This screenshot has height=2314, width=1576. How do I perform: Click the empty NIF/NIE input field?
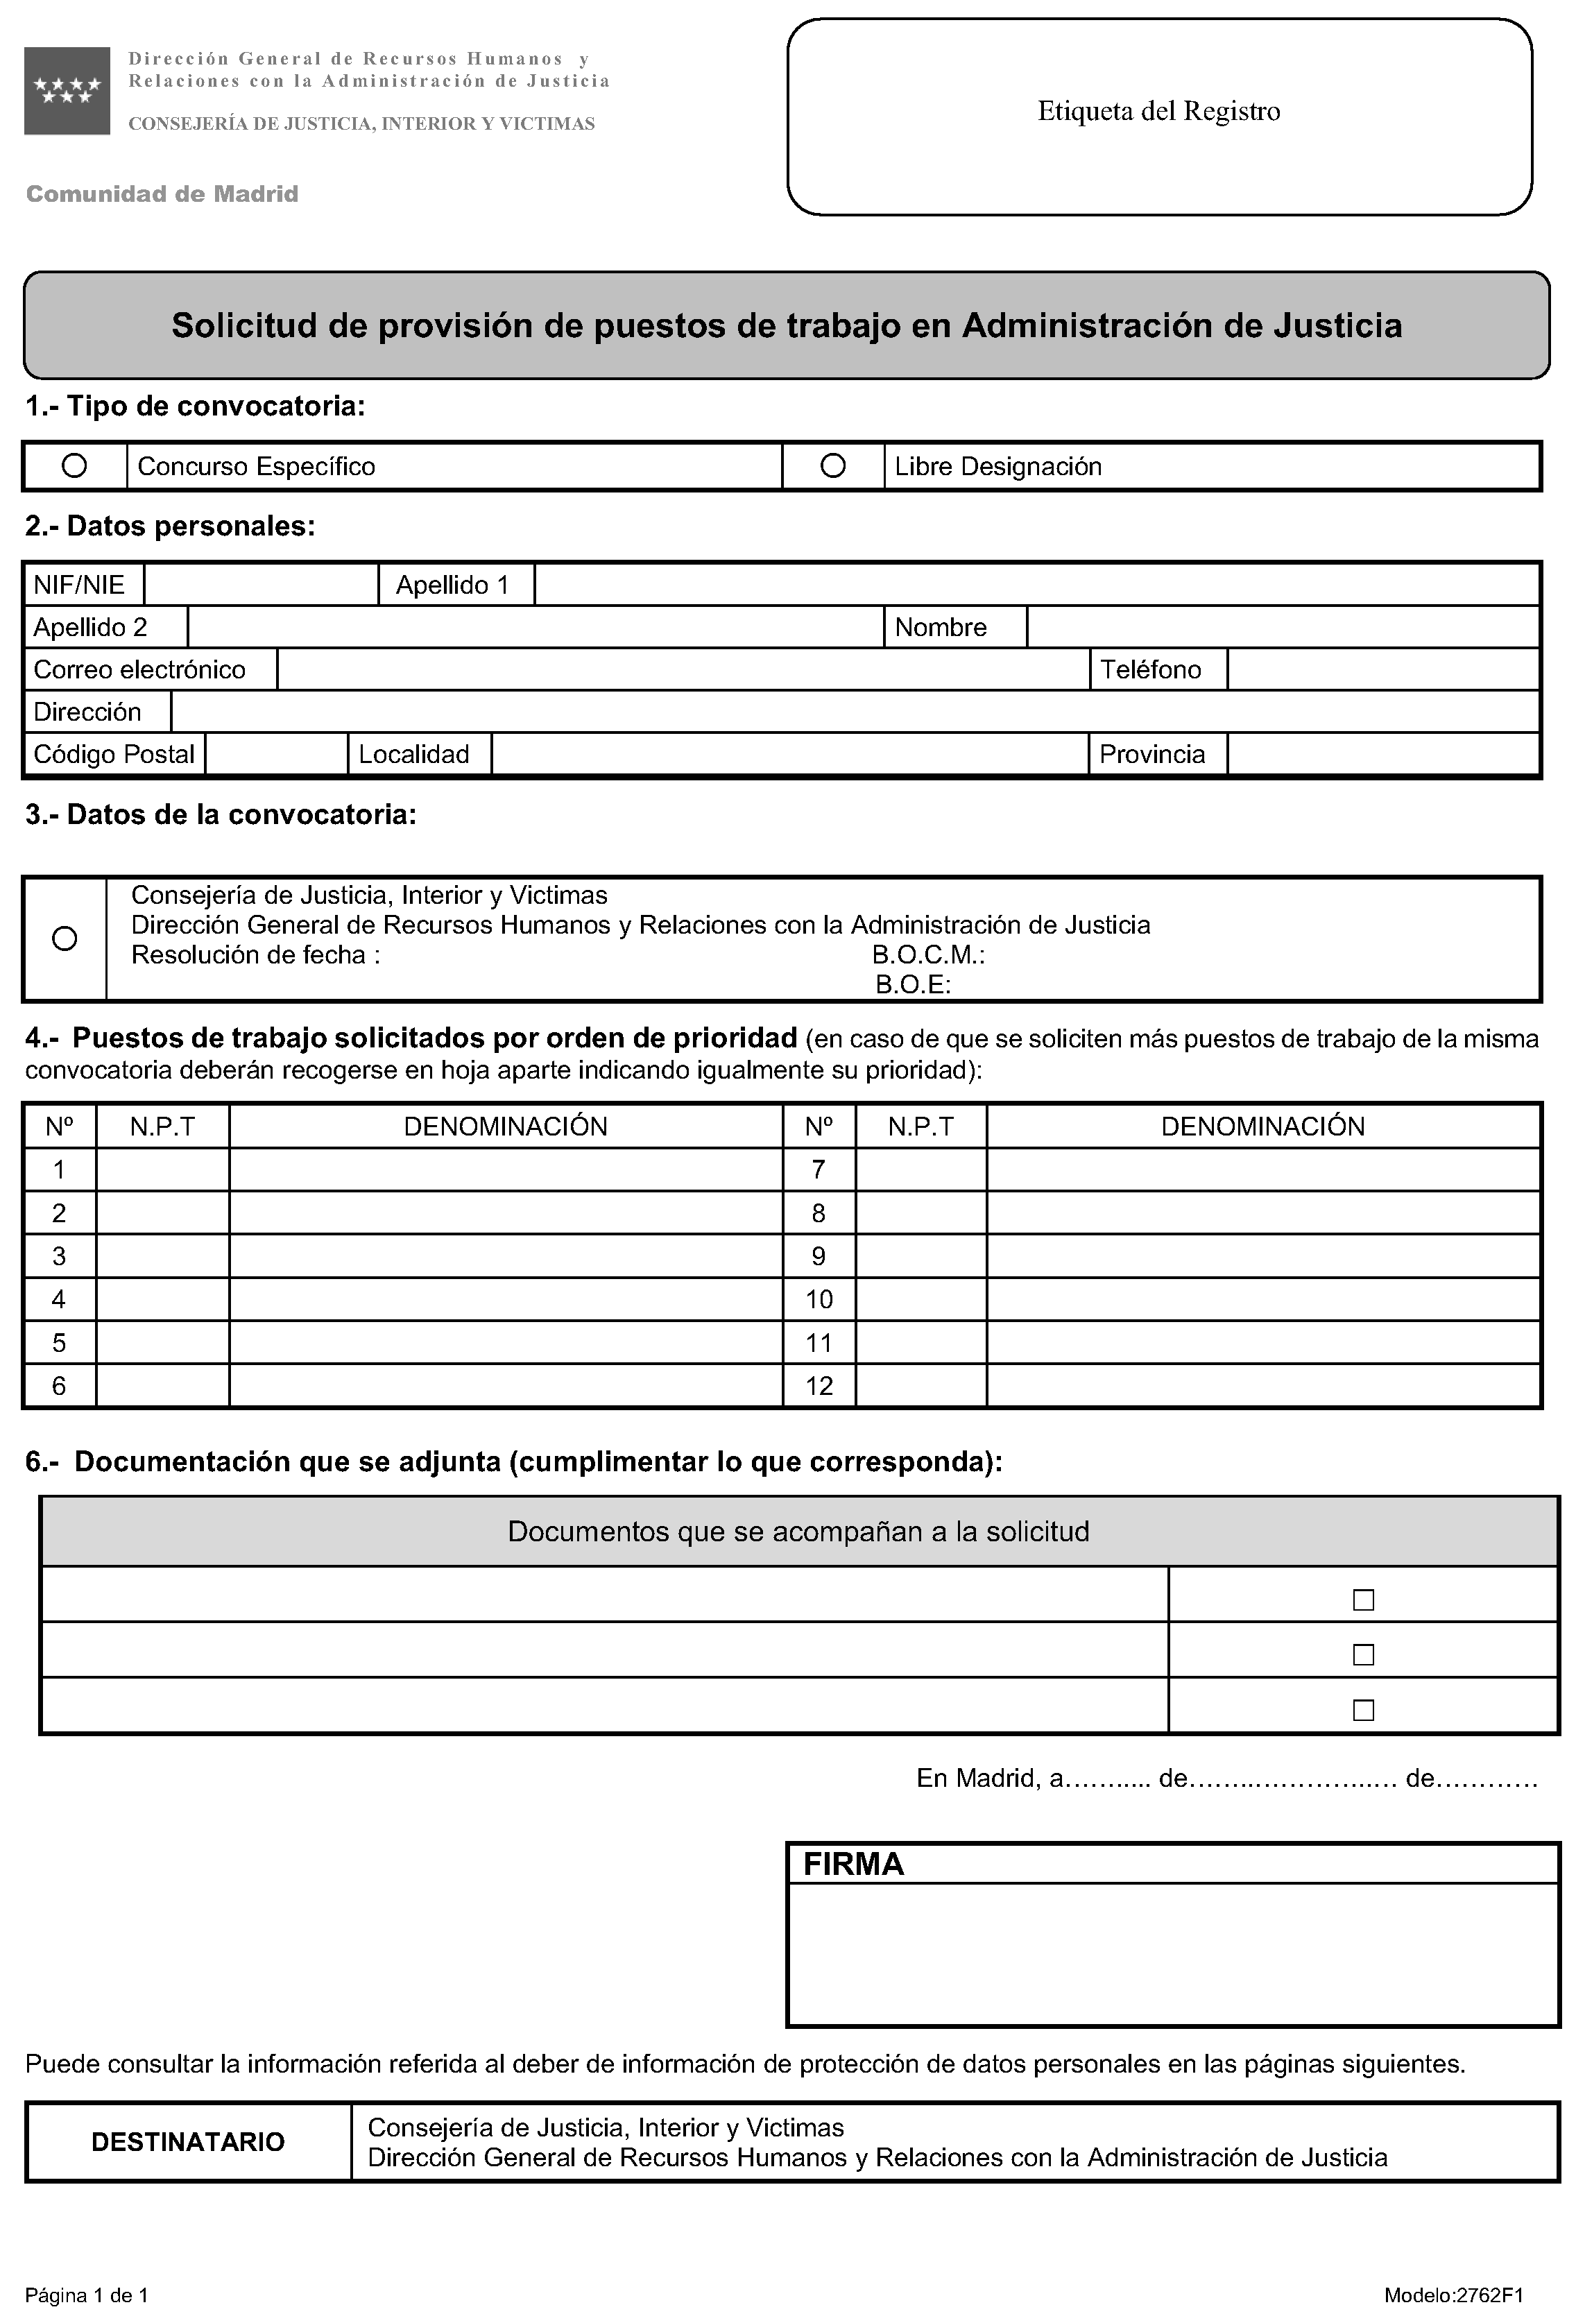[261, 585]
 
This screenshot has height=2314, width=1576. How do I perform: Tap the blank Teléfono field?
[1383, 669]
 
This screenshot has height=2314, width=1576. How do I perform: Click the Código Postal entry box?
[276, 754]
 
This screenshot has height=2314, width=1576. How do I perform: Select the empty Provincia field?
[1383, 754]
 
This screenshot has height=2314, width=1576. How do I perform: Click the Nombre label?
[941, 627]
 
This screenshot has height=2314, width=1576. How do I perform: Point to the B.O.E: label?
[913, 985]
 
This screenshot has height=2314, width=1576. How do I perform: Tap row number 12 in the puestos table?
[819, 1385]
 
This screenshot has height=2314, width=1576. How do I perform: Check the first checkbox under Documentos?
[1363, 1600]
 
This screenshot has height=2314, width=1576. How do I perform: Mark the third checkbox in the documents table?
[1363, 1710]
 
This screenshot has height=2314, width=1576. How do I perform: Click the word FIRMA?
[853, 1864]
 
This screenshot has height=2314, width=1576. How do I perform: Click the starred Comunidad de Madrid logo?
[67, 91]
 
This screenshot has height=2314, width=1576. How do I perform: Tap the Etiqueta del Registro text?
[1159, 110]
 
